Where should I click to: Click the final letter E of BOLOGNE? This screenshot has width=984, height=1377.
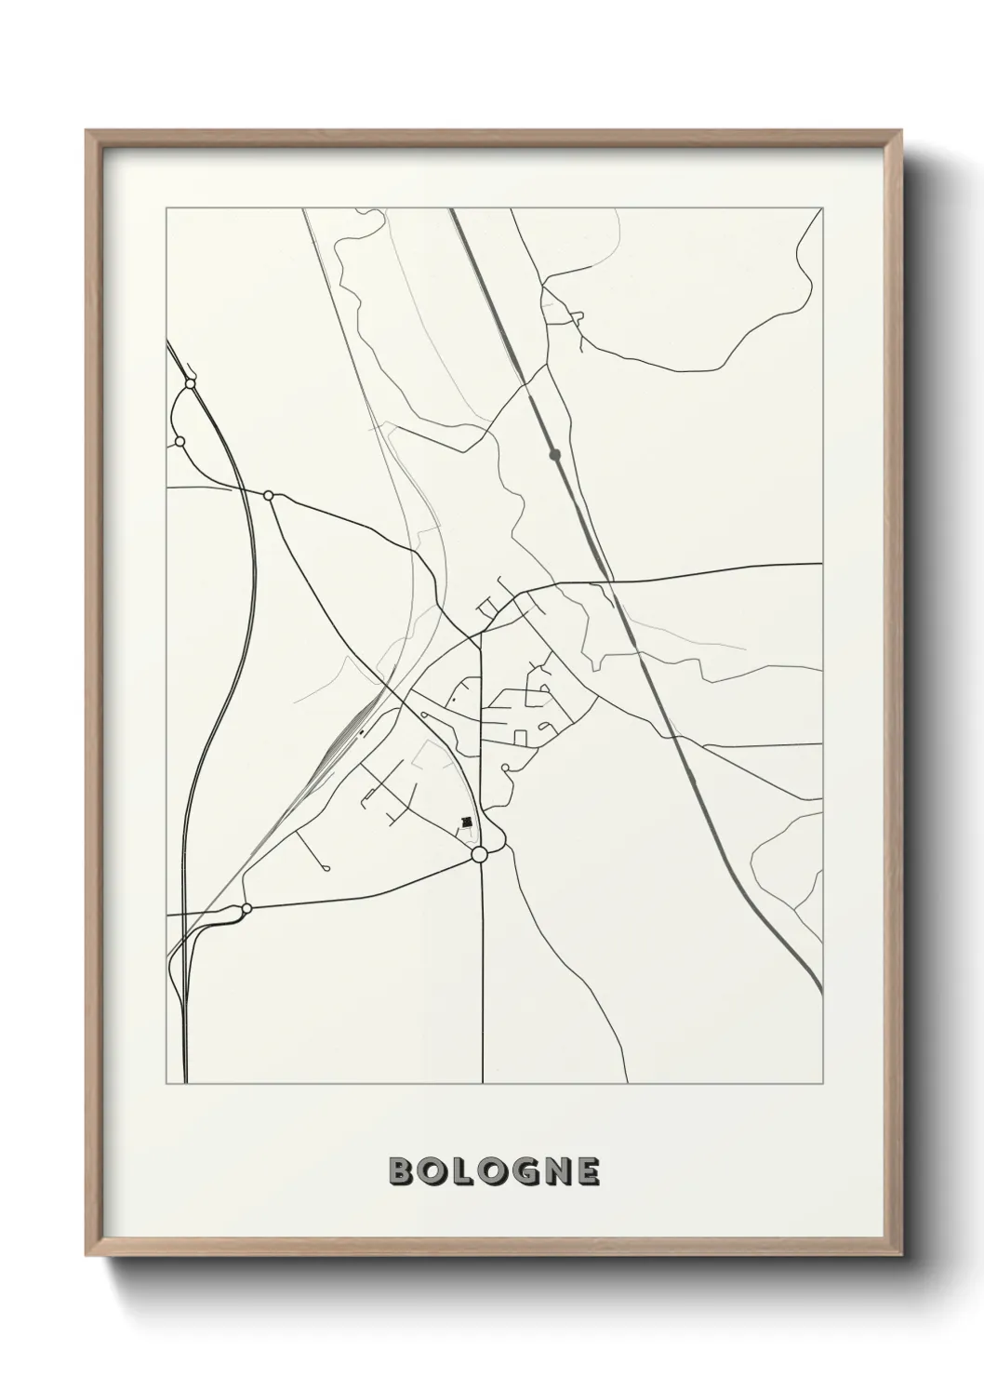(x=588, y=1172)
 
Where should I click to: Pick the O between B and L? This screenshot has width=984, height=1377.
(x=430, y=1172)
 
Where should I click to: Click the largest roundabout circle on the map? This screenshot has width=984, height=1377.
(x=480, y=854)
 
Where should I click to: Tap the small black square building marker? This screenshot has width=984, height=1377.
(x=467, y=822)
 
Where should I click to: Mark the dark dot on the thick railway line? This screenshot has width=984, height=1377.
(x=555, y=455)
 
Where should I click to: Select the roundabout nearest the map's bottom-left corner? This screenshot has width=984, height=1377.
(x=246, y=908)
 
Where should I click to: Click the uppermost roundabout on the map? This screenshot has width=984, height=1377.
(x=190, y=383)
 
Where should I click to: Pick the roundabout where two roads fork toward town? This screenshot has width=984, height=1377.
(x=269, y=496)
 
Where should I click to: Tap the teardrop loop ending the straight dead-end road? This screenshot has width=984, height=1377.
(x=326, y=868)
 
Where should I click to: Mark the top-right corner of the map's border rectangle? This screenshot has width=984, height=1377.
(x=822, y=208)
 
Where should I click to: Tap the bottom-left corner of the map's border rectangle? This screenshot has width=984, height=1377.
(x=166, y=1083)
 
